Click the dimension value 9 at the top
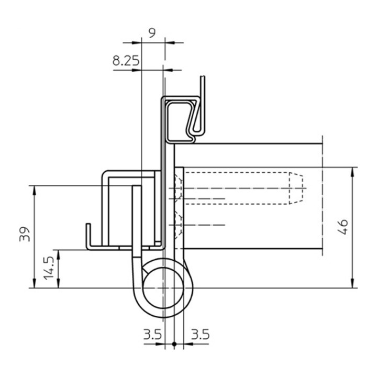point(152,33)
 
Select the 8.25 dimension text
point(126,61)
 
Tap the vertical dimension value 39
point(25,234)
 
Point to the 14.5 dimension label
point(49,268)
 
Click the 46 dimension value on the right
point(342,227)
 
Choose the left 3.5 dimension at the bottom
point(153,335)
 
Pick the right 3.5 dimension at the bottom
point(200,335)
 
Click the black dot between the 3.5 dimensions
point(174,344)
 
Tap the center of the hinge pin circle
point(163,287)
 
